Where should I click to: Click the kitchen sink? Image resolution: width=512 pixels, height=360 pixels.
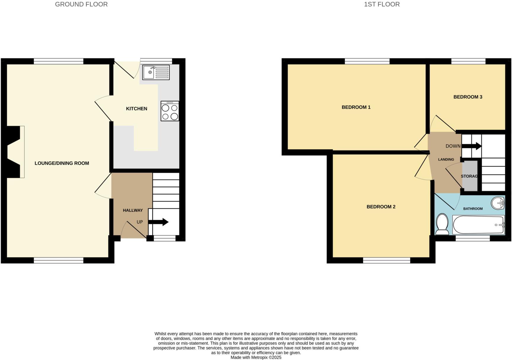pyautogui.click(x=156, y=72)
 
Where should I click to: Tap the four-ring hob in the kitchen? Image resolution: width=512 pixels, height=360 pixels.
pyautogui.click(x=170, y=111)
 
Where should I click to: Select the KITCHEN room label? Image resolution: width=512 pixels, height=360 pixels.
pyautogui.click(x=137, y=109)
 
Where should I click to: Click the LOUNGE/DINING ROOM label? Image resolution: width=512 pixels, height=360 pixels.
pyautogui.click(x=62, y=163)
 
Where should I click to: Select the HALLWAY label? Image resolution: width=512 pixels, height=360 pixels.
pyautogui.click(x=133, y=210)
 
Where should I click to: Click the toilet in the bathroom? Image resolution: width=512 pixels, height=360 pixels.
pyautogui.click(x=442, y=224)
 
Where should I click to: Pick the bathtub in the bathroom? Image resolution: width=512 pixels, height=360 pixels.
pyautogui.click(x=478, y=225)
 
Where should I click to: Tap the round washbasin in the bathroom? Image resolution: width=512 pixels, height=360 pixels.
pyautogui.click(x=498, y=203)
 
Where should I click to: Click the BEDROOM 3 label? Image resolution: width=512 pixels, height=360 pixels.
pyautogui.click(x=468, y=97)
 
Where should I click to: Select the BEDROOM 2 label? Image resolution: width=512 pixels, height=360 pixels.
pyautogui.click(x=381, y=207)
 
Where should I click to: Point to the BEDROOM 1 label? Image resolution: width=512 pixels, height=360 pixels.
pyautogui.click(x=356, y=107)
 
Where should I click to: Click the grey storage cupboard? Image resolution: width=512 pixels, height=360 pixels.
pyautogui.click(x=470, y=176)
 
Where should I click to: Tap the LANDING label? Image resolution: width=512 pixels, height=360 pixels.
pyautogui.click(x=446, y=159)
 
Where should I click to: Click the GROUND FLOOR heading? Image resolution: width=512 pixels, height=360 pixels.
pyautogui.click(x=81, y=4)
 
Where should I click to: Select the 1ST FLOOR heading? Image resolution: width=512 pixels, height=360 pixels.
pyautogui.click(x=382, y=4)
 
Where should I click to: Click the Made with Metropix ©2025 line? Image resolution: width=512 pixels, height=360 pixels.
pyautogui.click(x=256, y=357)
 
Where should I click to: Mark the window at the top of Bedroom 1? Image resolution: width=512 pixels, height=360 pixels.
pyautogui.click(x=367, y=61)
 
